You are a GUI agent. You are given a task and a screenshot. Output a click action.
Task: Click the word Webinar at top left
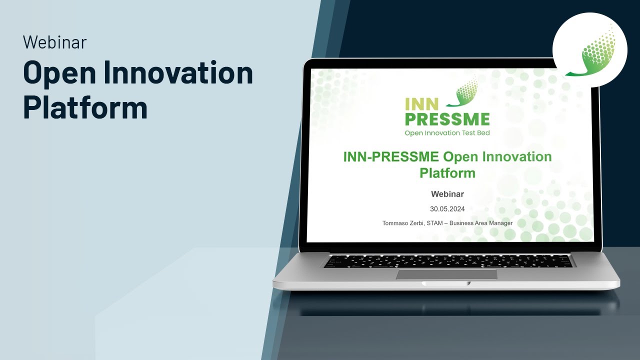[54, 42]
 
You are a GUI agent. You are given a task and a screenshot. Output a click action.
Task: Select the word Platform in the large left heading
[85, 107]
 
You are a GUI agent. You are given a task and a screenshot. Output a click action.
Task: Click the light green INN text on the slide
[421, 104]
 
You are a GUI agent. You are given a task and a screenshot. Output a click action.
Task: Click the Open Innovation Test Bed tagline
[447, 133]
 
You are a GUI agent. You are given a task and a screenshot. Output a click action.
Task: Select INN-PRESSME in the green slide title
[391, 156]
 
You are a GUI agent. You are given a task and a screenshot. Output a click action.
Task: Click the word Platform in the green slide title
[447, 173]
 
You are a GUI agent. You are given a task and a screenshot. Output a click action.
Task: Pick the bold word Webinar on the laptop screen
[447, 194]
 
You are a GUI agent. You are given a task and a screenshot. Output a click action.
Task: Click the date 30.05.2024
[447, 209]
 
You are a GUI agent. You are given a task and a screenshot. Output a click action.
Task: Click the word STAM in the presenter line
[434, 223]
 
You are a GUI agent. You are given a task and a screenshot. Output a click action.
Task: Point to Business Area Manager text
[480, 223]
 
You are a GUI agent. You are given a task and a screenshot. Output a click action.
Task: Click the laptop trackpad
[446, 274]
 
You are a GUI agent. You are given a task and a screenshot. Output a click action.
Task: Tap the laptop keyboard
[447, 260]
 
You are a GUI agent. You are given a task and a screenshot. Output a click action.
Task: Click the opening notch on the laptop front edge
[446, 283]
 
